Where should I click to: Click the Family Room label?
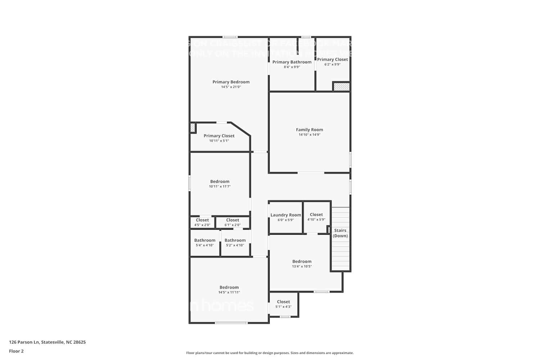[309, 130]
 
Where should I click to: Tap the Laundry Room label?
[285, 215]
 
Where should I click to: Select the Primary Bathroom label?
[292, 62]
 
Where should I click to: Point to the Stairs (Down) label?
[340, 233]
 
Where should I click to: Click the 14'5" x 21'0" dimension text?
[231, 87]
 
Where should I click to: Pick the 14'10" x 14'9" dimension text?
[309, 135]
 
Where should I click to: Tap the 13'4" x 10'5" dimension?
[302, 266]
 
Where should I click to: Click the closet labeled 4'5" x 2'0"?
[202, 222]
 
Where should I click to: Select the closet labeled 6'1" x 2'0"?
[233, 222]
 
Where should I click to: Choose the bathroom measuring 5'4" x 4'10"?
[205, 242]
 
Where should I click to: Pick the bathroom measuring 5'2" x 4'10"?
[235, 242]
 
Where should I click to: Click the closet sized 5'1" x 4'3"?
[283, 304]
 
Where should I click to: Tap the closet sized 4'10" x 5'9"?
[316, 217]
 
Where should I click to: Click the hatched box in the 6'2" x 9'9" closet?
[341, 87]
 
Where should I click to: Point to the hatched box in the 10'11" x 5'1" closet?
[193, 127]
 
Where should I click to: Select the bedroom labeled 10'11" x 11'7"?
[220, 184]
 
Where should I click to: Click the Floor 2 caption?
[16, 351]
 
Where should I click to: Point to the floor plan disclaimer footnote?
[270, 353]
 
